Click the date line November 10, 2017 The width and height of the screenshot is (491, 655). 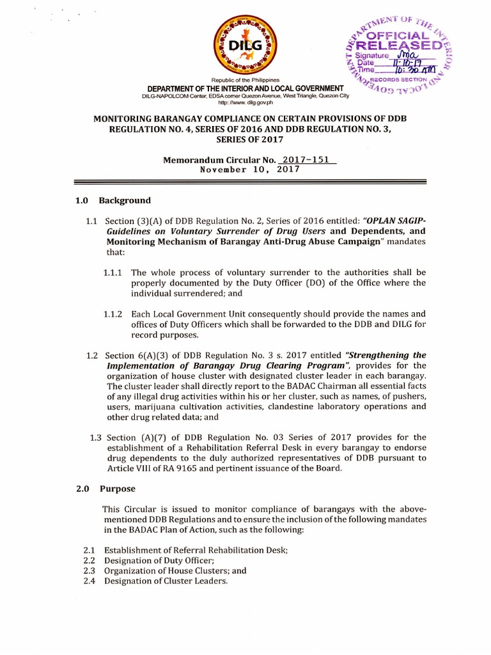tap(250, 170)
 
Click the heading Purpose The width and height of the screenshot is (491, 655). tap(118, 489)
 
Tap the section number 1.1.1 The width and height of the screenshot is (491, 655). tap(115, 272)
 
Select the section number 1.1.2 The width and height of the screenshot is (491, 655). tap(115, 314)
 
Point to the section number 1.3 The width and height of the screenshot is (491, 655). tap(96, 438)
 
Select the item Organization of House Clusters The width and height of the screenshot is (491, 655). tap(175, 571)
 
